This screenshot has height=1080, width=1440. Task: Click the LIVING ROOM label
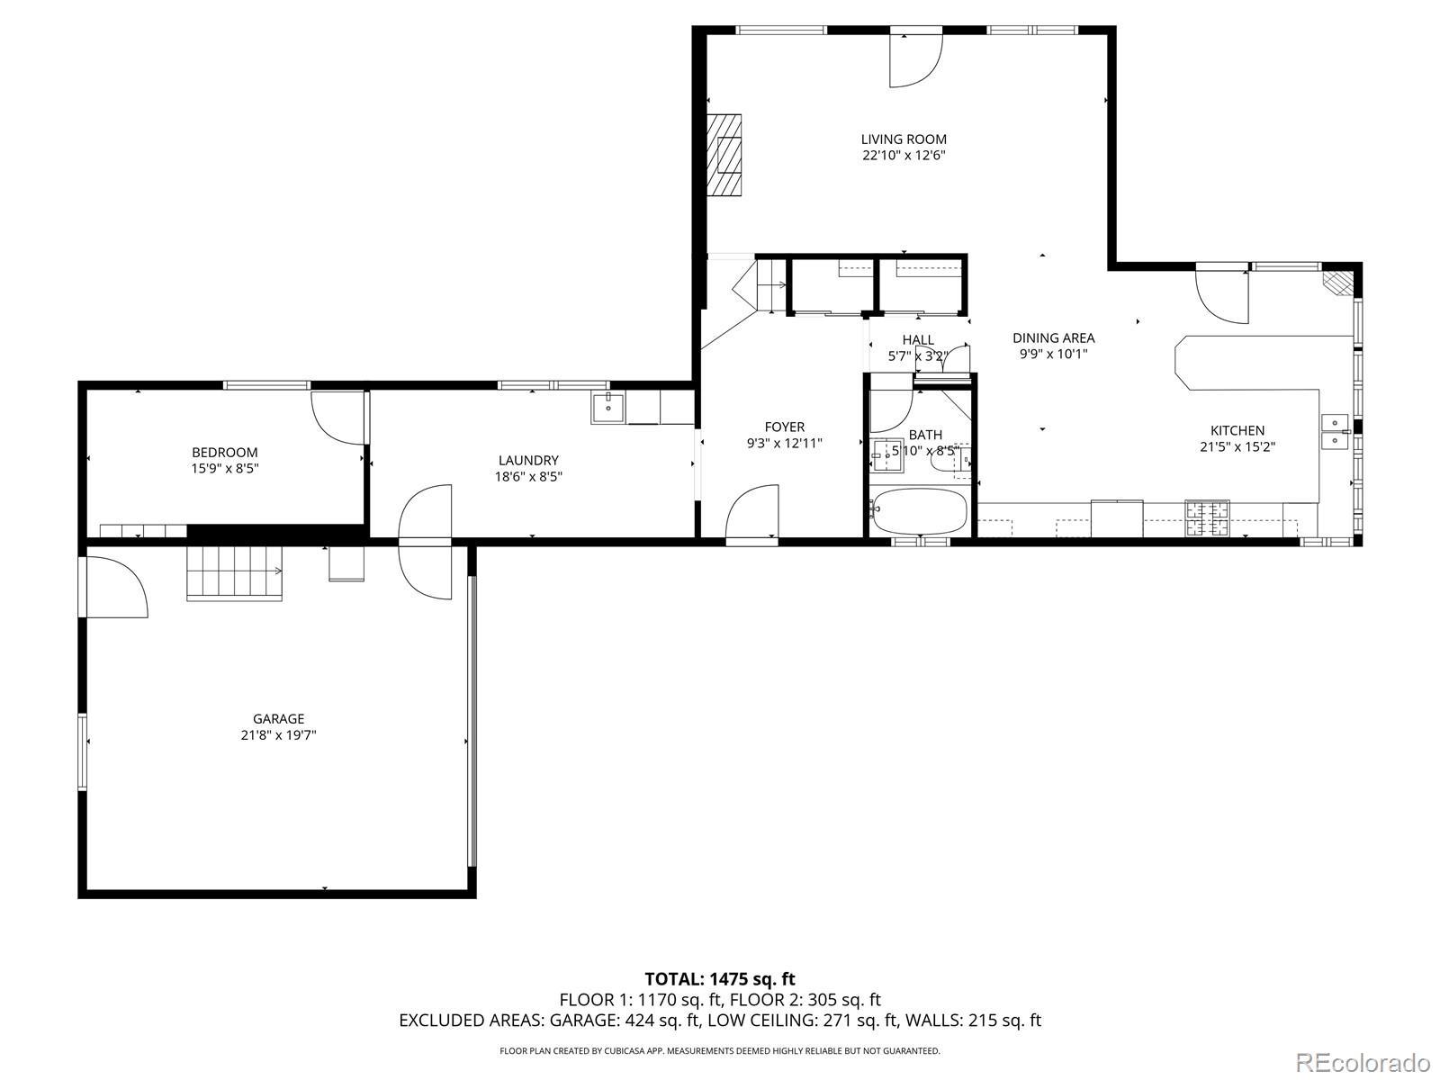point(904,139)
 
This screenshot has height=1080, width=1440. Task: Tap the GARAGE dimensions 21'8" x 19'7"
point(278,735)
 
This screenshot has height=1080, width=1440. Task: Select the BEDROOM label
point(224,453)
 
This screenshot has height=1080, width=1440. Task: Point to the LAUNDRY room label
point(528,460)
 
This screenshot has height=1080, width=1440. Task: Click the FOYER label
point(784,427)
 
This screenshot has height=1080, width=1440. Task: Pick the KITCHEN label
point(1237,431)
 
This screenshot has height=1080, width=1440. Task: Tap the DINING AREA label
point(1054,338)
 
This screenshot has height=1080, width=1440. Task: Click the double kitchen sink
point(1335,431)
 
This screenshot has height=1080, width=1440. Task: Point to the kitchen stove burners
point(1207,518)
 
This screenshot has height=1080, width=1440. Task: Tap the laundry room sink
point(608,409)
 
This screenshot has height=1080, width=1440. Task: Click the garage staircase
point(235,572)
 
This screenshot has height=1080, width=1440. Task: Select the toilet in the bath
point(949,459)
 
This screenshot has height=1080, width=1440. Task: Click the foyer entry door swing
point(751,511)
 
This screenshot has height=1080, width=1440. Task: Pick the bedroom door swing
point(337,418)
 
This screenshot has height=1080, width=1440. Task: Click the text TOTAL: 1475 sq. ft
point(720,979)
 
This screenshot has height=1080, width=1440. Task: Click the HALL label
point(918,339)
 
